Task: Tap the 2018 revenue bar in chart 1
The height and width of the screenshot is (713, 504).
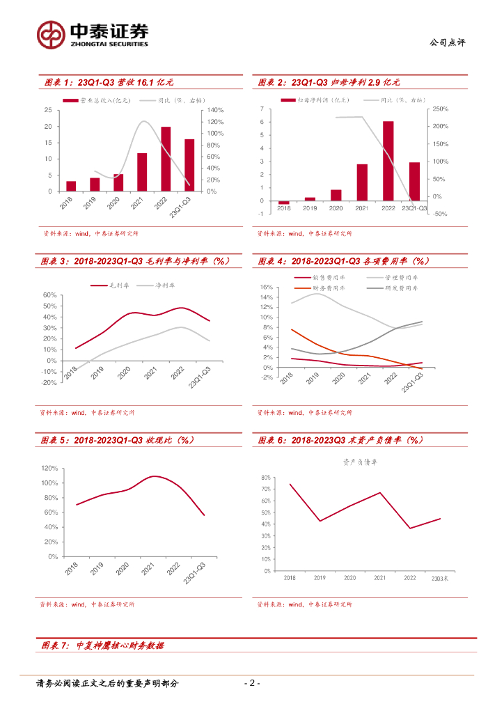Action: [71, 186]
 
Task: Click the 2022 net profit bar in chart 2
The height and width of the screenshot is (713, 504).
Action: [388, 161]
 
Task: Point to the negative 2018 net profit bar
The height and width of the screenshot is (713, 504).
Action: [284, 203]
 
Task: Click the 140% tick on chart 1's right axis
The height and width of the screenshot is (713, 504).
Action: [214, 111]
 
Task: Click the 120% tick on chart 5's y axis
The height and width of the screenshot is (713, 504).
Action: [49, 468]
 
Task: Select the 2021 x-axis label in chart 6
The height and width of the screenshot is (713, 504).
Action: [379, 578]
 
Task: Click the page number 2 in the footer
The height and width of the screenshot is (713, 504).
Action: [253, 683]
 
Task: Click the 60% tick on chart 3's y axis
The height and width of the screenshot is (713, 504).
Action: [49, 295]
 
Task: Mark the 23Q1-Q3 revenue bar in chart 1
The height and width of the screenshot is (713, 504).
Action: [189, 165]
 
